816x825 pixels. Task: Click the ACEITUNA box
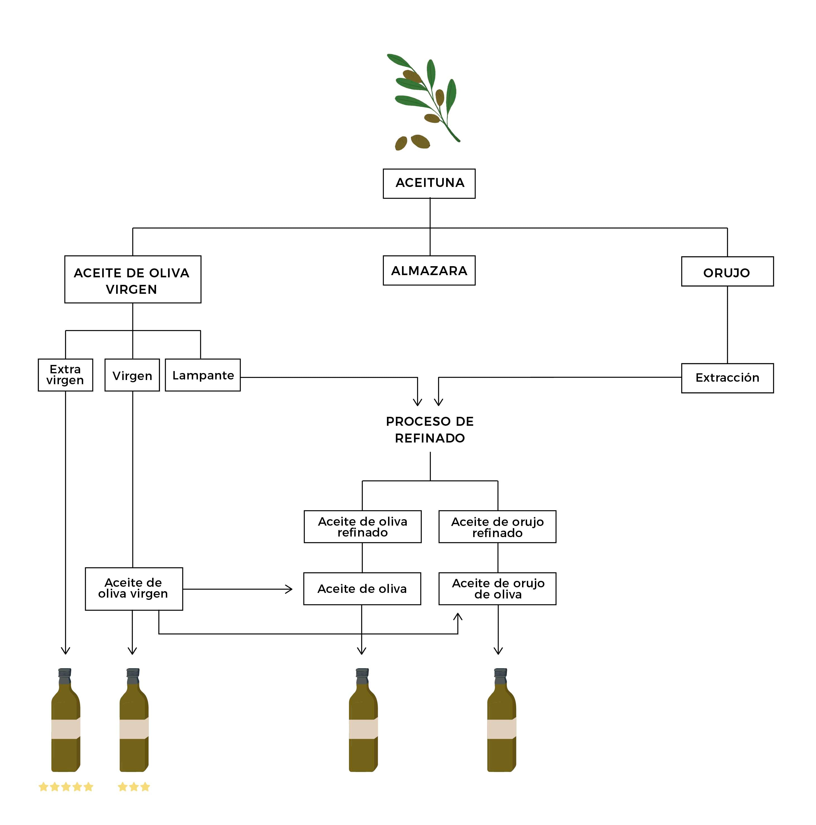click(429, 183)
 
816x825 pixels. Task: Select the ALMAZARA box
click(429, 270)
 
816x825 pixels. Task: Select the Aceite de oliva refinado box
click(362, 526)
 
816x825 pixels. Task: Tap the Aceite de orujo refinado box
click(497, 526)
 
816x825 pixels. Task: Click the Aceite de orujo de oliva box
click(497, 588)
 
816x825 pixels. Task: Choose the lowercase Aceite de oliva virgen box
click(134, 588)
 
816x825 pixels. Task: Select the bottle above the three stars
click(134, 722)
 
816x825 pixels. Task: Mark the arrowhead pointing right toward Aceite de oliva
click(289, 589)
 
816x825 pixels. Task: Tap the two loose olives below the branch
click(412, 142)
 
